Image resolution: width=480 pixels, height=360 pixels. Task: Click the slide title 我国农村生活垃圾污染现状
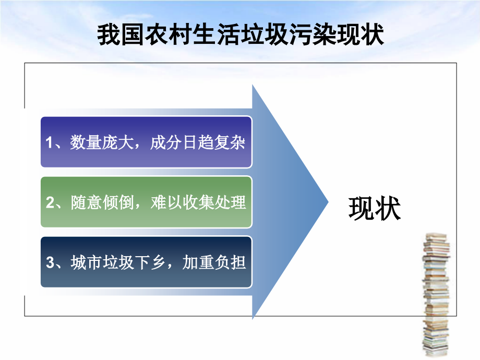click(241, 35)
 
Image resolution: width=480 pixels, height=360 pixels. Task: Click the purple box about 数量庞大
click(146, 142)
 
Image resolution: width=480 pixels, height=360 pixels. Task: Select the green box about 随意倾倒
click(146, 202)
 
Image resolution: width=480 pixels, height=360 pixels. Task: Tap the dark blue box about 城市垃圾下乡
click(146, 262)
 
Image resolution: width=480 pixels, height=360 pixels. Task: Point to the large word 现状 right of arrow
click(374, 209)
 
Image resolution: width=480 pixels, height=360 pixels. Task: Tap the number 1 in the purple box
click(50, 143)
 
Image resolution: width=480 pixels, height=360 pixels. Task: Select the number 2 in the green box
click(50, 203)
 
